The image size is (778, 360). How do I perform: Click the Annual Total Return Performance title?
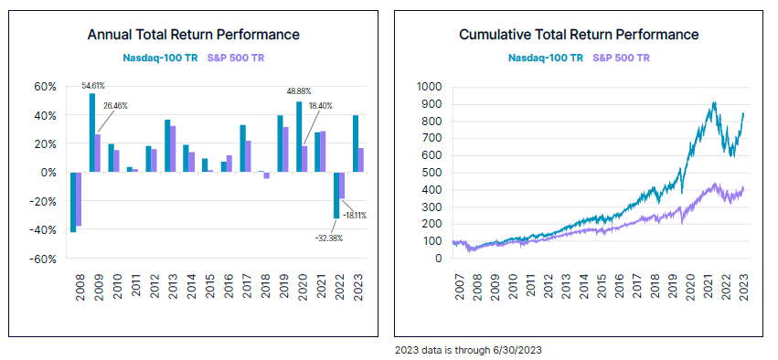tap(193, 35)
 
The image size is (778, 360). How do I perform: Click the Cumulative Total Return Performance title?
tap(579, 35)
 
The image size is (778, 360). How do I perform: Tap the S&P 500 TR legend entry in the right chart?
tap(621, 58)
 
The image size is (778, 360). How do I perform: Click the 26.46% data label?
tap(115, 106)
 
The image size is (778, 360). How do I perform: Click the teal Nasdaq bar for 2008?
tap(73, 202)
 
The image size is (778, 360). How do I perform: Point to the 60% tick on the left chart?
tap(46, 87)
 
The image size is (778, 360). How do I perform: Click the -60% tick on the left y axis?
tap(44, 259)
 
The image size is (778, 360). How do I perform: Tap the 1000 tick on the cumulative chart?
tap(429, 87)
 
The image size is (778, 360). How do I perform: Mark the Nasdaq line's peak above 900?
tap(713, 102)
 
